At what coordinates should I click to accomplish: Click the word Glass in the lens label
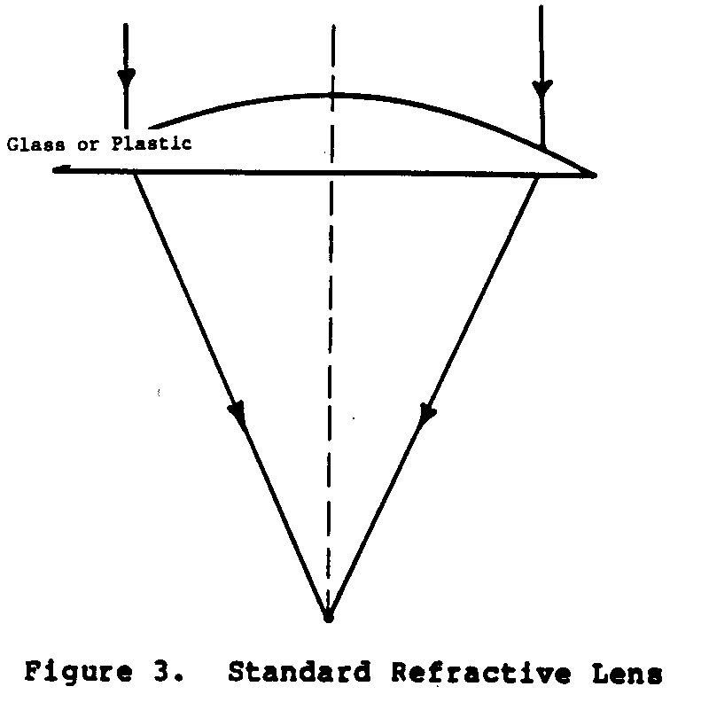(32, 144)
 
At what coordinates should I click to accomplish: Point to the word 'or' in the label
(87, 144)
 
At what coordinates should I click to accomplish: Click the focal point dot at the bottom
(328, 615)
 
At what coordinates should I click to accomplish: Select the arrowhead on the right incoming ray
(541, 88)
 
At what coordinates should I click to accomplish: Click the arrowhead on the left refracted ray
(238, 413)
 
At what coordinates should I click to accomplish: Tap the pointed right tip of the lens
(594, 175)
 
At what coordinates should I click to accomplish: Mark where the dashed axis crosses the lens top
(331, 94)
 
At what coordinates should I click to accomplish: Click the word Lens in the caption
(624, 673)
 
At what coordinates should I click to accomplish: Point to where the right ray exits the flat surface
(538, 175)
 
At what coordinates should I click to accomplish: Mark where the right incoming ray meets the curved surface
(541, 144)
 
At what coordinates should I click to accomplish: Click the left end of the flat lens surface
(55, 169)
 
